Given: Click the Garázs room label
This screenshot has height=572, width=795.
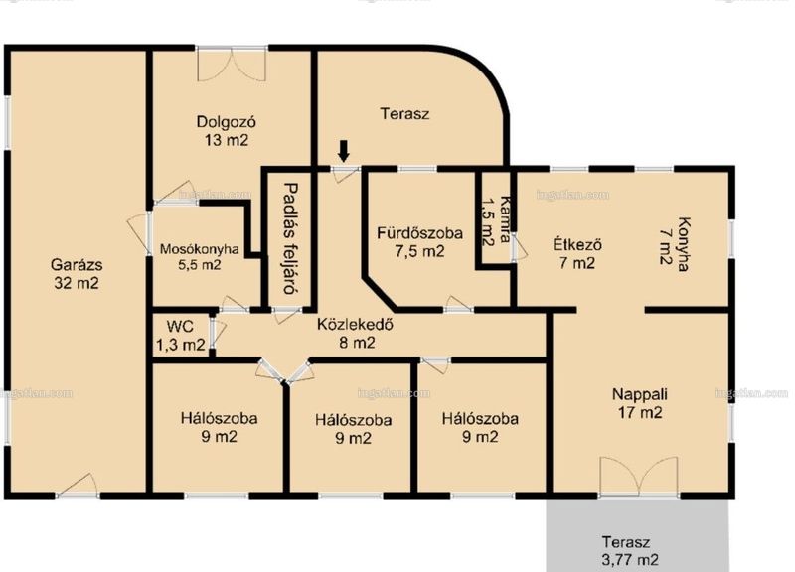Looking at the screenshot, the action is click(x=77, y=274).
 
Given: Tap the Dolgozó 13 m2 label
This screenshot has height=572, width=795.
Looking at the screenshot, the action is click(x=227, y=131).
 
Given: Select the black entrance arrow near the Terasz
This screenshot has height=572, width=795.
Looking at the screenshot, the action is click(x=344, y=152).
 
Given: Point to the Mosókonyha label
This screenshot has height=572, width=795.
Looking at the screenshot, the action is click(x=200, y=257).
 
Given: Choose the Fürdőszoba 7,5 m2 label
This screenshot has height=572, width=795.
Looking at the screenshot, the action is click(x=419, y=242).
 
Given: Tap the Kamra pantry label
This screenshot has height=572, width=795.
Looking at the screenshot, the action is click(x=495, y=220).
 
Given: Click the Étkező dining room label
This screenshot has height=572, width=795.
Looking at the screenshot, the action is click(x=577, y=254).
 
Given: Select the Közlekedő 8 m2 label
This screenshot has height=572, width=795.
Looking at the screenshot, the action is click(x=357, y=334).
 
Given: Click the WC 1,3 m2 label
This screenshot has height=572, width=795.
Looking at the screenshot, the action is click(x=181, y=336).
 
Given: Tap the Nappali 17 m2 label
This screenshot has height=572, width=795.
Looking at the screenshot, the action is click(x=640, y=403).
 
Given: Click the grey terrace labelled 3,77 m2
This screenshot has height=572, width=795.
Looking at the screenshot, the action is click(x=638, y=535).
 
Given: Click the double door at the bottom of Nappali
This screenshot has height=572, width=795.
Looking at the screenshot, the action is click(x=638, y=476).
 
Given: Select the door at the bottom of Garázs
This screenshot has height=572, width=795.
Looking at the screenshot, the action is click(x=78, y=486).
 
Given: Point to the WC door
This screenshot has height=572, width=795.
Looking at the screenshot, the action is click(x=217, y=333).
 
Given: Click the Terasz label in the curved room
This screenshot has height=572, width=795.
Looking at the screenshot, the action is click(x=404, y=113).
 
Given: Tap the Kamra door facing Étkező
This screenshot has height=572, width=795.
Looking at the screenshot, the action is click(x=519, y=247).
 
